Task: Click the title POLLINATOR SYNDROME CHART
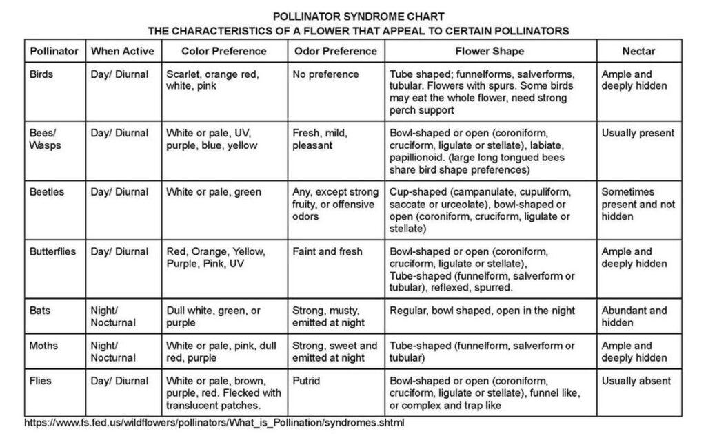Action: coord(359,16)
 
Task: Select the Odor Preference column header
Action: coord(335,51)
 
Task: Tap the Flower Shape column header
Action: coord(490,51)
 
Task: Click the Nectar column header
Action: coord(638,51)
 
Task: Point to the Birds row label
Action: coord(41,74)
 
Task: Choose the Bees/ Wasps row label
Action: coord(46,139)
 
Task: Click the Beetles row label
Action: coord(46,192)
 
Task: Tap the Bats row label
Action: coord(39,311)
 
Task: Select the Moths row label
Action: coord(43,346)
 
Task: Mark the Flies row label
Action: coord(41,381)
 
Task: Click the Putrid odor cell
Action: coord(306,381)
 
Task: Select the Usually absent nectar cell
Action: coord(636,381)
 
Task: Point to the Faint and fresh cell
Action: coord(327,251)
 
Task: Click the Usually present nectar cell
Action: coord(638,133)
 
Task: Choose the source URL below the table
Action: coord(213,423)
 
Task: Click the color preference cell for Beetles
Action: coord(214,192)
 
